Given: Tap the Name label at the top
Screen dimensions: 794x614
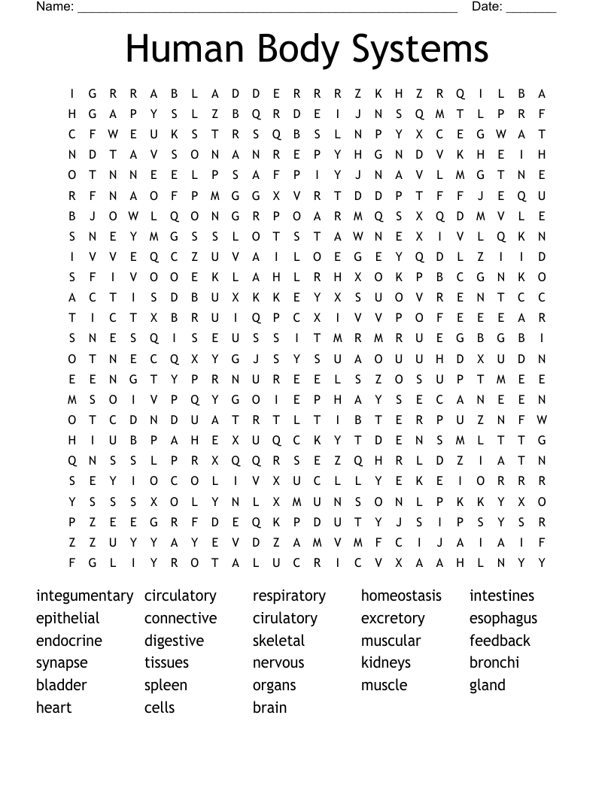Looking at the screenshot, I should coord(54,7).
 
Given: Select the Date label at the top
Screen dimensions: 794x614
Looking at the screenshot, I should coord(487,7).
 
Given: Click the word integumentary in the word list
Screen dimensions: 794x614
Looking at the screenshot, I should coord(84,596).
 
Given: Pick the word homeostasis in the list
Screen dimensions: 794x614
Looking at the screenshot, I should coord(401,596).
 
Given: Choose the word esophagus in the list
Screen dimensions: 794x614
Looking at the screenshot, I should coord(503,619).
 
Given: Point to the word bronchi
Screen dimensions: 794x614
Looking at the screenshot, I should coord(494,663).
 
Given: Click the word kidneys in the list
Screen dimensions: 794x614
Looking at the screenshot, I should coord(385,663).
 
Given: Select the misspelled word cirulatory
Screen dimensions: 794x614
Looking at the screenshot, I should coord(284,619).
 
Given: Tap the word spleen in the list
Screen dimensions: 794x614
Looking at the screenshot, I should coord(166,686).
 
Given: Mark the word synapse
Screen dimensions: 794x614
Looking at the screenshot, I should coord(62,663).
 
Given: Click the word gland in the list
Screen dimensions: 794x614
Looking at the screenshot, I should coord(487,686).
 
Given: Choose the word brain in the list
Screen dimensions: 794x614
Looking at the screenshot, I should coord(269,708).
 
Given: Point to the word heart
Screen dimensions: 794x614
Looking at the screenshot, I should coord(53,708).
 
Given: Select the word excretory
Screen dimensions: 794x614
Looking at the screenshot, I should coord(392,619).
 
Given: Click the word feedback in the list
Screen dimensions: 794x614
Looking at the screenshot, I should coord(500,641).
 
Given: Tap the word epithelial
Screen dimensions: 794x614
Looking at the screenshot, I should coord(68,619).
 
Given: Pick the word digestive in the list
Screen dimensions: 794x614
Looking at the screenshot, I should coord(174,641).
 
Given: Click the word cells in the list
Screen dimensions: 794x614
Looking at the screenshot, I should coord(160,708).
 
